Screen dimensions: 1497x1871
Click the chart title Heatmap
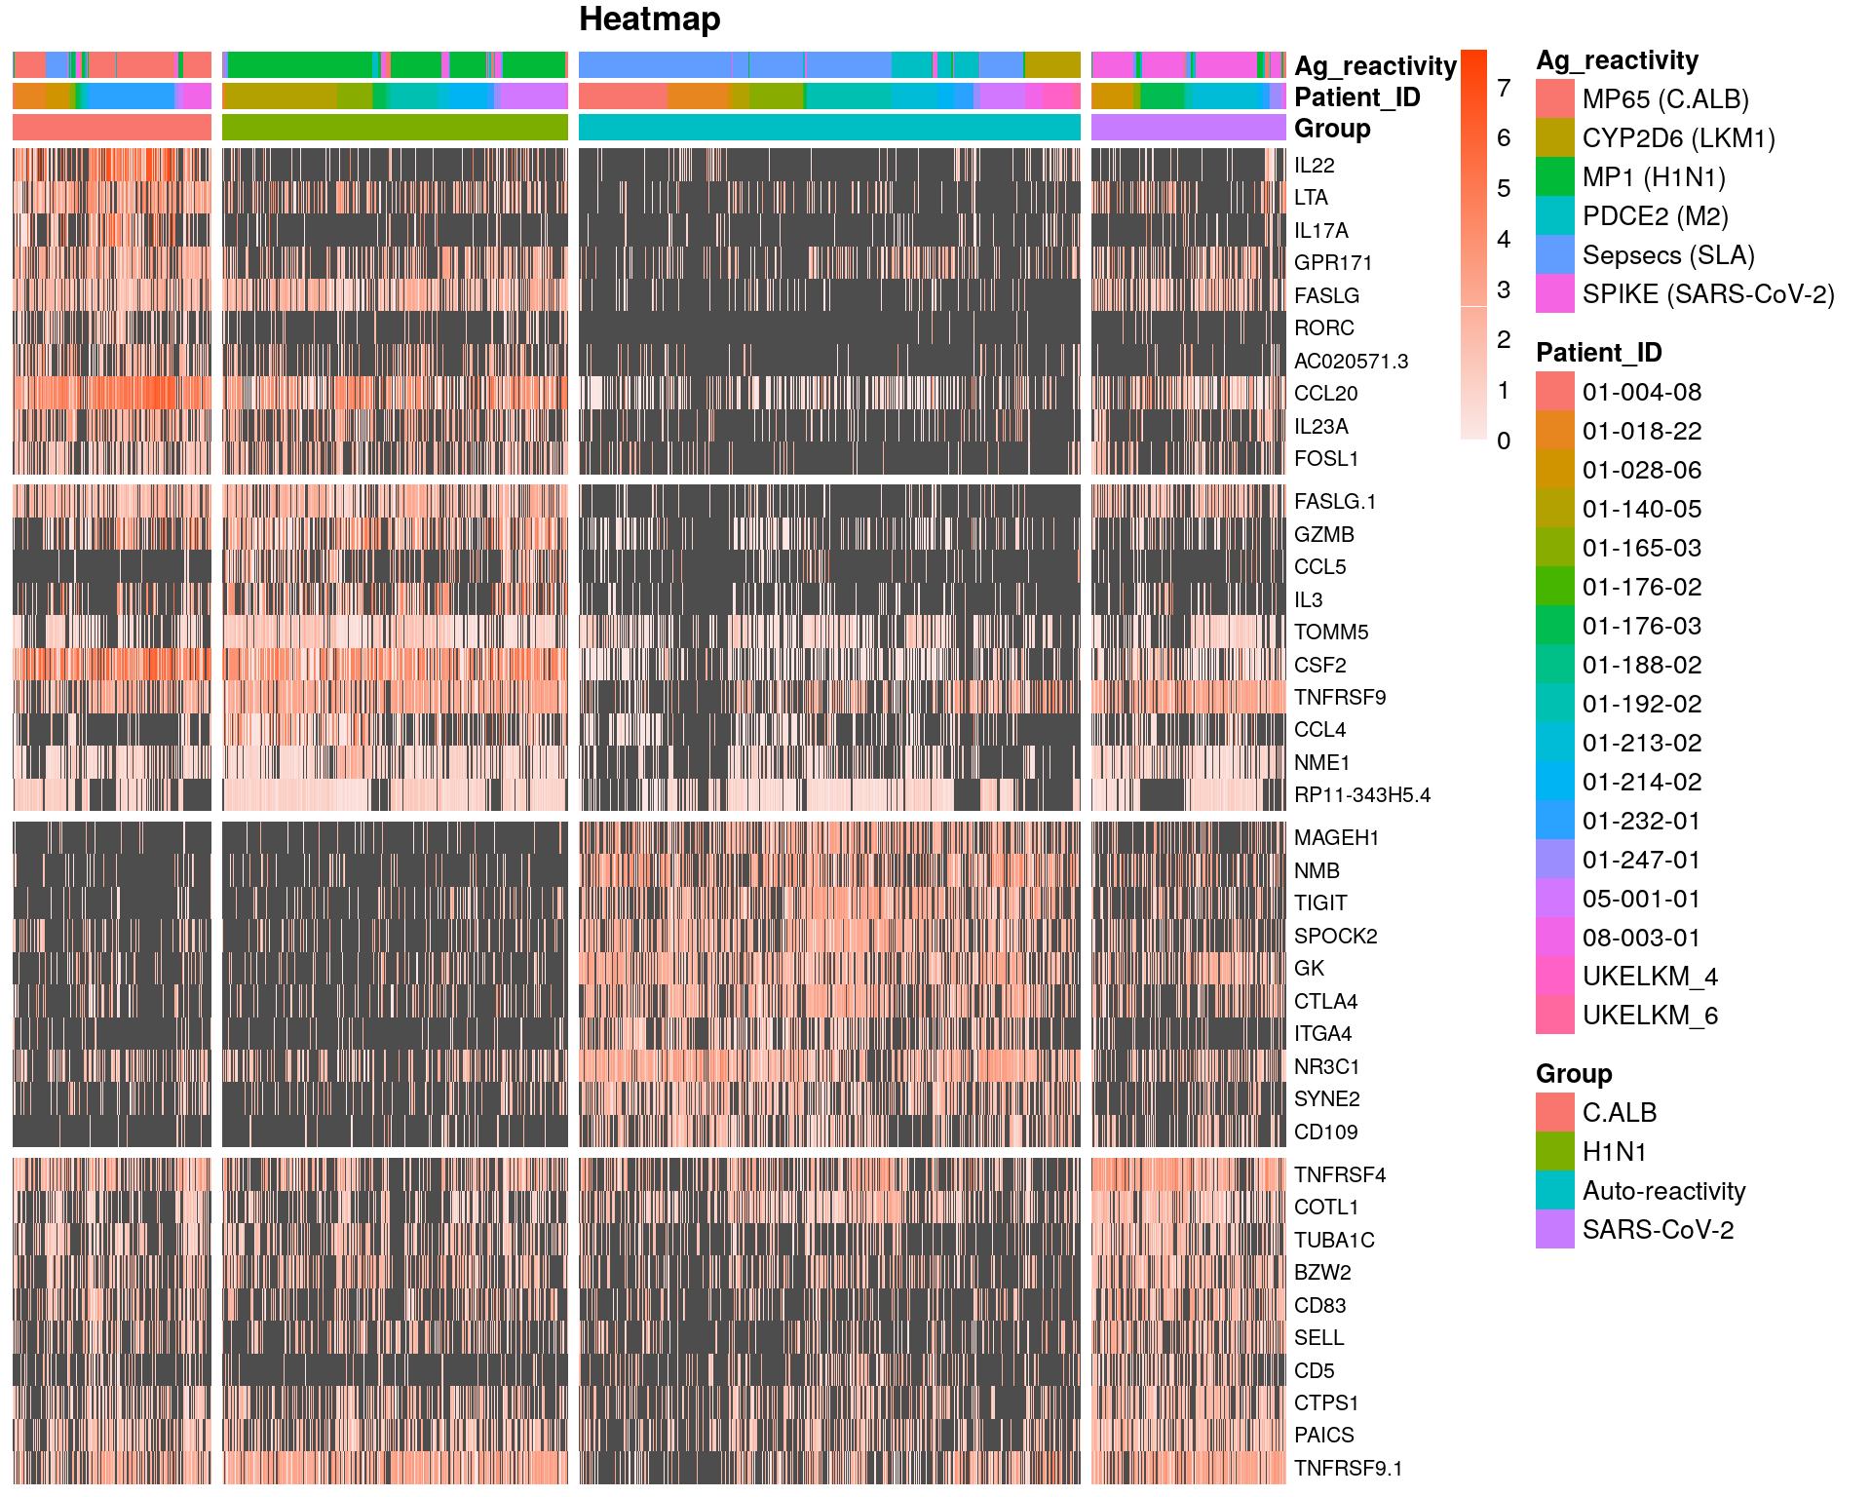pos(649,19)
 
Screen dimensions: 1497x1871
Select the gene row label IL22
pos(1314,166)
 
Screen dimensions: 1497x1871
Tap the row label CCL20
pos(1325,394)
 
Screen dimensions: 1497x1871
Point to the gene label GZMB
pos(1323,535)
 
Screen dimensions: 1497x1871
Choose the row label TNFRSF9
pos(1339,698)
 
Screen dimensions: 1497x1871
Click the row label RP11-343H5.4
pos(1361,795)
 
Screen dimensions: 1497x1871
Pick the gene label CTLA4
pos(1325,1002)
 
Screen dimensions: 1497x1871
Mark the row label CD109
pos(1325,1132)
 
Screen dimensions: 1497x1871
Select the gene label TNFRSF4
pos(1339,1175)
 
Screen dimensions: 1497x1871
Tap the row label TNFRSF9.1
pos(1348,1469)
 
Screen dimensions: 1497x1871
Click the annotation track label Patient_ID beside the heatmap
pos(1356,97)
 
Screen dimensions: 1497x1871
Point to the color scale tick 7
pos(1504,89)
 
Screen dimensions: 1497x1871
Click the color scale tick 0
pos(1504,441)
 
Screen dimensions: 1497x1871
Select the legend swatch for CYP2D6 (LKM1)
pos(1554,138)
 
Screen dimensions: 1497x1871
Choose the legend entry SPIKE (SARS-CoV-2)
pos(1707,294)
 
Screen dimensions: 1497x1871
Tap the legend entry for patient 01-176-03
pos(1641,627)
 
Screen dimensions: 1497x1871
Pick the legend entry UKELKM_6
pos(1649,1016)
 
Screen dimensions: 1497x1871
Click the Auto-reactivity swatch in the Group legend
pos(1554,1191)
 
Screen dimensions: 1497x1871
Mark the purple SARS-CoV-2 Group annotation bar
pos(1188,128)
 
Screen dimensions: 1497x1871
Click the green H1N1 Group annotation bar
pos(395,128)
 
